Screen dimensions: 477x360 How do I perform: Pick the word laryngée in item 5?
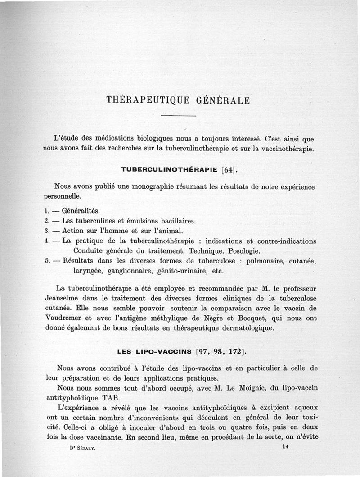tap(88, 271)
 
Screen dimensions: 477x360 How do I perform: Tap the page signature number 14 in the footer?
tap(286, 447)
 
